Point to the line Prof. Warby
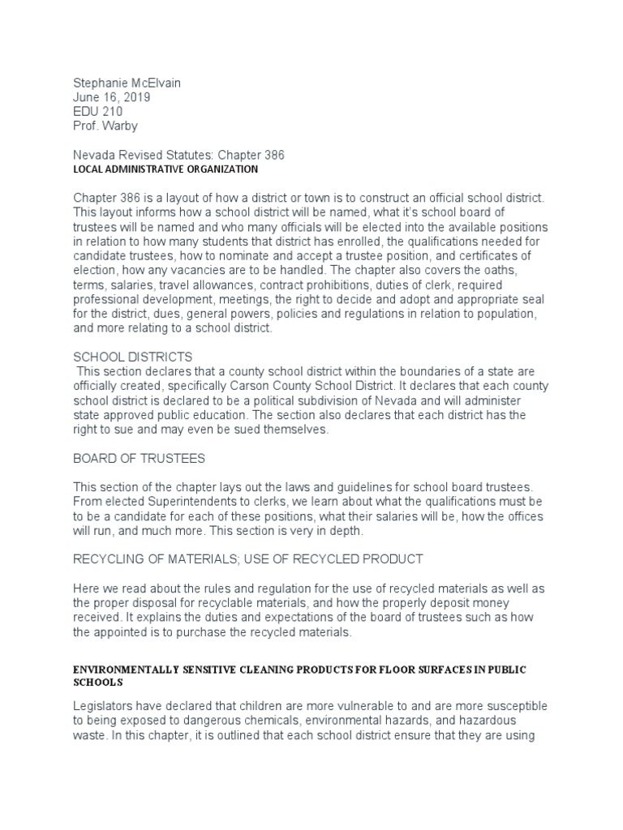(106, 126)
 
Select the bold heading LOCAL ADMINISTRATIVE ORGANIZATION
(165, 169)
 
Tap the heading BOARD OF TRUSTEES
(140, 459)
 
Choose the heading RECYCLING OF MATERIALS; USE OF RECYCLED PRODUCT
(248, 559)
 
